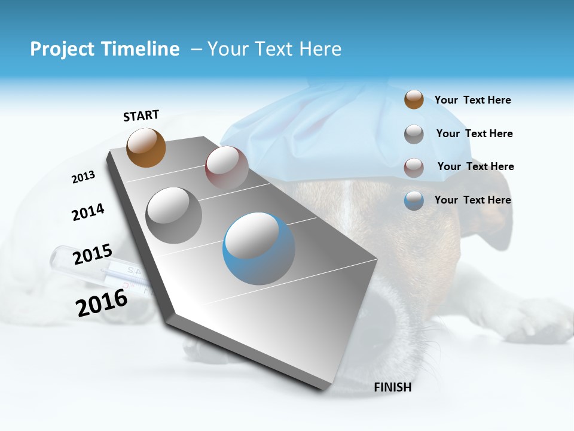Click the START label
(x=141, y=116)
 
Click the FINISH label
(x=392, y=387)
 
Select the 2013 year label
(x=83, y=177)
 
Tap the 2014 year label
(x=88, y=212)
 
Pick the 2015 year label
(x=92, y=255)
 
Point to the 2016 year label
(x=102, y=302)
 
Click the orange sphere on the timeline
(x=146, y=147)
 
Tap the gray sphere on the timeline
(x=174, y=215)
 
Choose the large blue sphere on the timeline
(x=259, y=248)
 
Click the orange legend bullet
(x=414, y=99)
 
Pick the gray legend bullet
(x=414, y=134)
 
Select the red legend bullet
(x=414, y=167)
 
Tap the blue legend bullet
(x=414, y=201)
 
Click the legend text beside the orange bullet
(x=472, y=100)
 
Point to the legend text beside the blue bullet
(x=472, y=200)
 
